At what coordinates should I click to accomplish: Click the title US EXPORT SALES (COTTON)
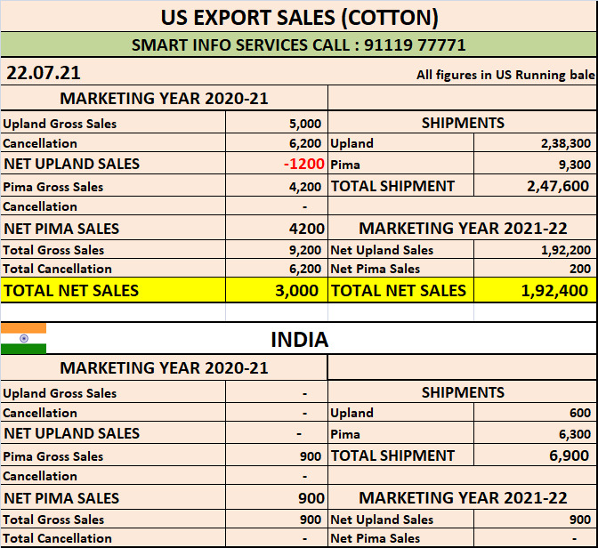pos(299,16)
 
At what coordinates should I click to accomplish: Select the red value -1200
pos(304,164)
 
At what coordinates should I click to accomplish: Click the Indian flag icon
pos(23,339)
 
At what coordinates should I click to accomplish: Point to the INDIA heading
pos(299,340)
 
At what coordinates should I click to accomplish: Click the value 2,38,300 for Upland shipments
pos(565,143)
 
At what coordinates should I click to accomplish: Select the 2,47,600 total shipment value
pos(558,186)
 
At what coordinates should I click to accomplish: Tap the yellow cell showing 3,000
pos(302,290)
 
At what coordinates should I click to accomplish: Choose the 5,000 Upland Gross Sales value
pos(305,124)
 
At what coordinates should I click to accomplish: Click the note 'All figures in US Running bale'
pos(505,75)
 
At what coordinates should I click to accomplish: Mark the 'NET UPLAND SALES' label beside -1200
pos(71,164)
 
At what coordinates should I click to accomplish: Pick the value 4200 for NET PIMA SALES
pos(307,229)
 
